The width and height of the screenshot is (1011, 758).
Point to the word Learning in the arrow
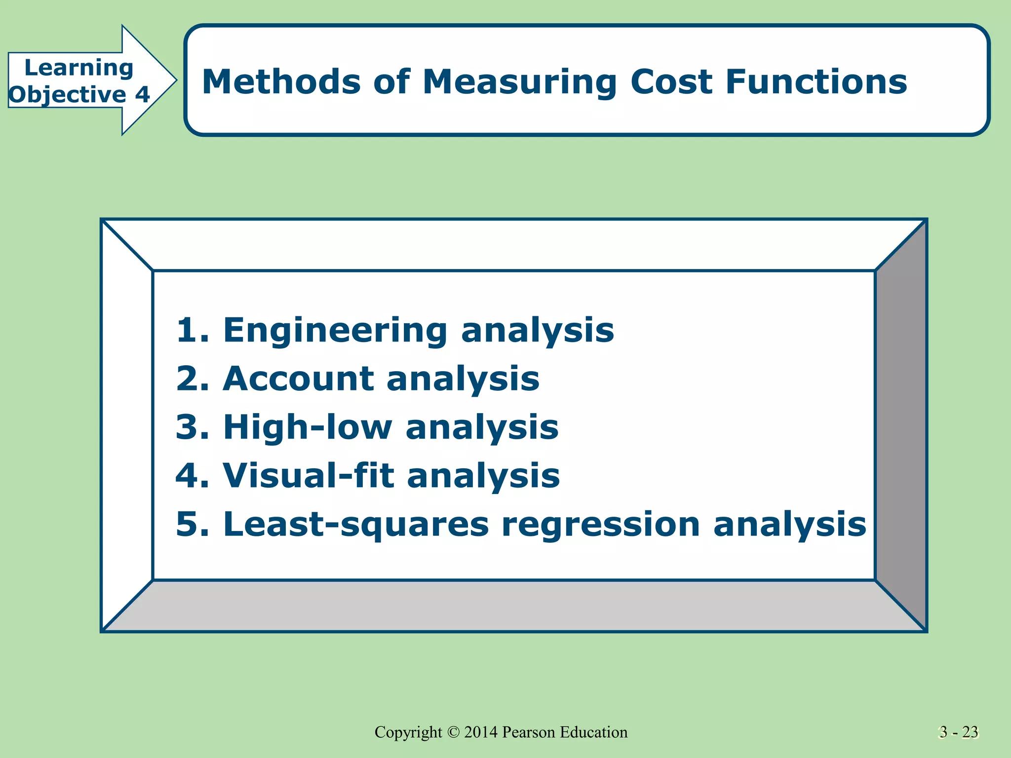[79, 68]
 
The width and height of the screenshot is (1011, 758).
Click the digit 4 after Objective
[143, 94]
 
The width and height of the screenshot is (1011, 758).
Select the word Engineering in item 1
[335, 331]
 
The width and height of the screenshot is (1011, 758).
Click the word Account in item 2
[298, 379]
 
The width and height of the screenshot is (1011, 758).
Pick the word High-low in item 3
[308, 427]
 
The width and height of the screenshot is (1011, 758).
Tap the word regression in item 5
[600, 525]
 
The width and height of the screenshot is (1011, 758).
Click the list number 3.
[188, 427]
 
